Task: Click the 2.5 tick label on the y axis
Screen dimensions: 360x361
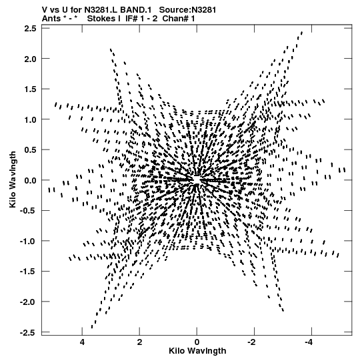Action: click(x=30, y=29)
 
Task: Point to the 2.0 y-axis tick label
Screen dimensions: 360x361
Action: click(x=30, y=59)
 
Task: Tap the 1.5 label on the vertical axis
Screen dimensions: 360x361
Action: click(x=30, y=89)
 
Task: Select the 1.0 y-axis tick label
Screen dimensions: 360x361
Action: click(x=30, y=119)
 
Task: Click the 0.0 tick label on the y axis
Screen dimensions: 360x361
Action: click(x=30, y=180)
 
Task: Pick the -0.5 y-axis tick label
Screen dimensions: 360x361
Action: click(x=28, y=211)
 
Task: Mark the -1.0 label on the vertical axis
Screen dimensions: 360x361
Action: click(x=28, y=242)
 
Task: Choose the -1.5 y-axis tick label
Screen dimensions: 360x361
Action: click(x=28, y=272)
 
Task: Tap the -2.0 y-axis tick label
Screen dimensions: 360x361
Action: click(x=28, y=302)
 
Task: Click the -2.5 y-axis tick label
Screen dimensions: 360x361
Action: click(x=28, y=333)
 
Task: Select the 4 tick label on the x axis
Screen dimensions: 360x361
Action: click(x=82, y=342)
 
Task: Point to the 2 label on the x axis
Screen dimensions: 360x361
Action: click(x=139, y=342)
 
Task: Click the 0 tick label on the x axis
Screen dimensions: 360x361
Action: click(x=197, y=342)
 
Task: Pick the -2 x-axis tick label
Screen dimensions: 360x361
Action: click(x=252, y=342)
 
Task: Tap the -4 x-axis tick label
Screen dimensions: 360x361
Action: click(x=309, y=342)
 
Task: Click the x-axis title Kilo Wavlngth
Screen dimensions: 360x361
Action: click(x=197, y=351)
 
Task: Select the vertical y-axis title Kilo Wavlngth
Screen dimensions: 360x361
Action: click(x=13, y=179)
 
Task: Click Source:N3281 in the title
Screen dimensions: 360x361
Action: click(x=187, y=10)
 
